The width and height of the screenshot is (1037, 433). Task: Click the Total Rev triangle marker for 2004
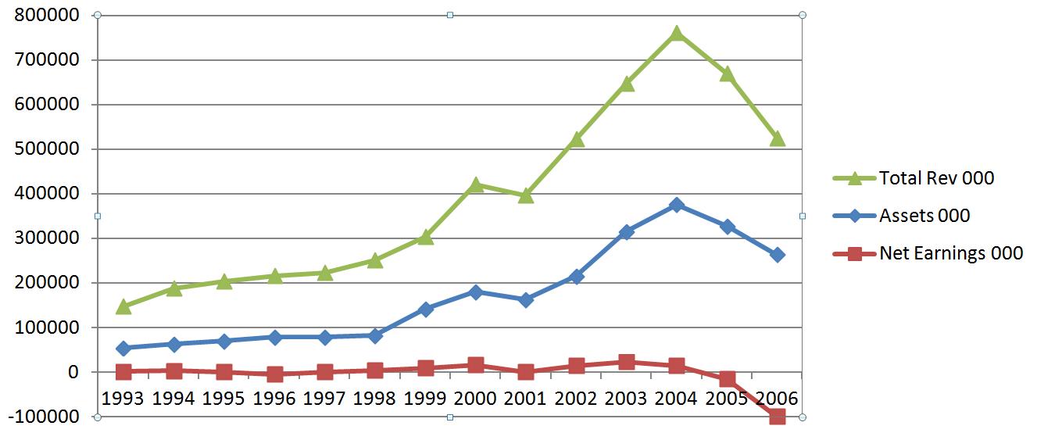point(677,34)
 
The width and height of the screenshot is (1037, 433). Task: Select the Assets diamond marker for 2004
point(677,205)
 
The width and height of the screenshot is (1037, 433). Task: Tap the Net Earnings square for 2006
point(778,417)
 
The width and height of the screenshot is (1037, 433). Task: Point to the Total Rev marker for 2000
point(476,185)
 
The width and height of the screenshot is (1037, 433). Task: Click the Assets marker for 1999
point(426,309)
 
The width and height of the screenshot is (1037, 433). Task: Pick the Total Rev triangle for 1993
point(123,306)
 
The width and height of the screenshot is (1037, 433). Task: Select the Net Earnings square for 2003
point(627,362)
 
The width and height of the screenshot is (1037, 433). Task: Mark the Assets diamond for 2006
point(778,255)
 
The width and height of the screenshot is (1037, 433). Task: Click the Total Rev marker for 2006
point(778,139)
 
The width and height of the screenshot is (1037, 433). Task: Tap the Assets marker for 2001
point(526,299)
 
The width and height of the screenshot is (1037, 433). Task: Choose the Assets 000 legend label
point(924,216)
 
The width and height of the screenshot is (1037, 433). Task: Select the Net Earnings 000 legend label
point(950,253)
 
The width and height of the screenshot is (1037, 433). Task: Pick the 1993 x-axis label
point(123,399)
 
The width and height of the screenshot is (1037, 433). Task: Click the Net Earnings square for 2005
point(728,379)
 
